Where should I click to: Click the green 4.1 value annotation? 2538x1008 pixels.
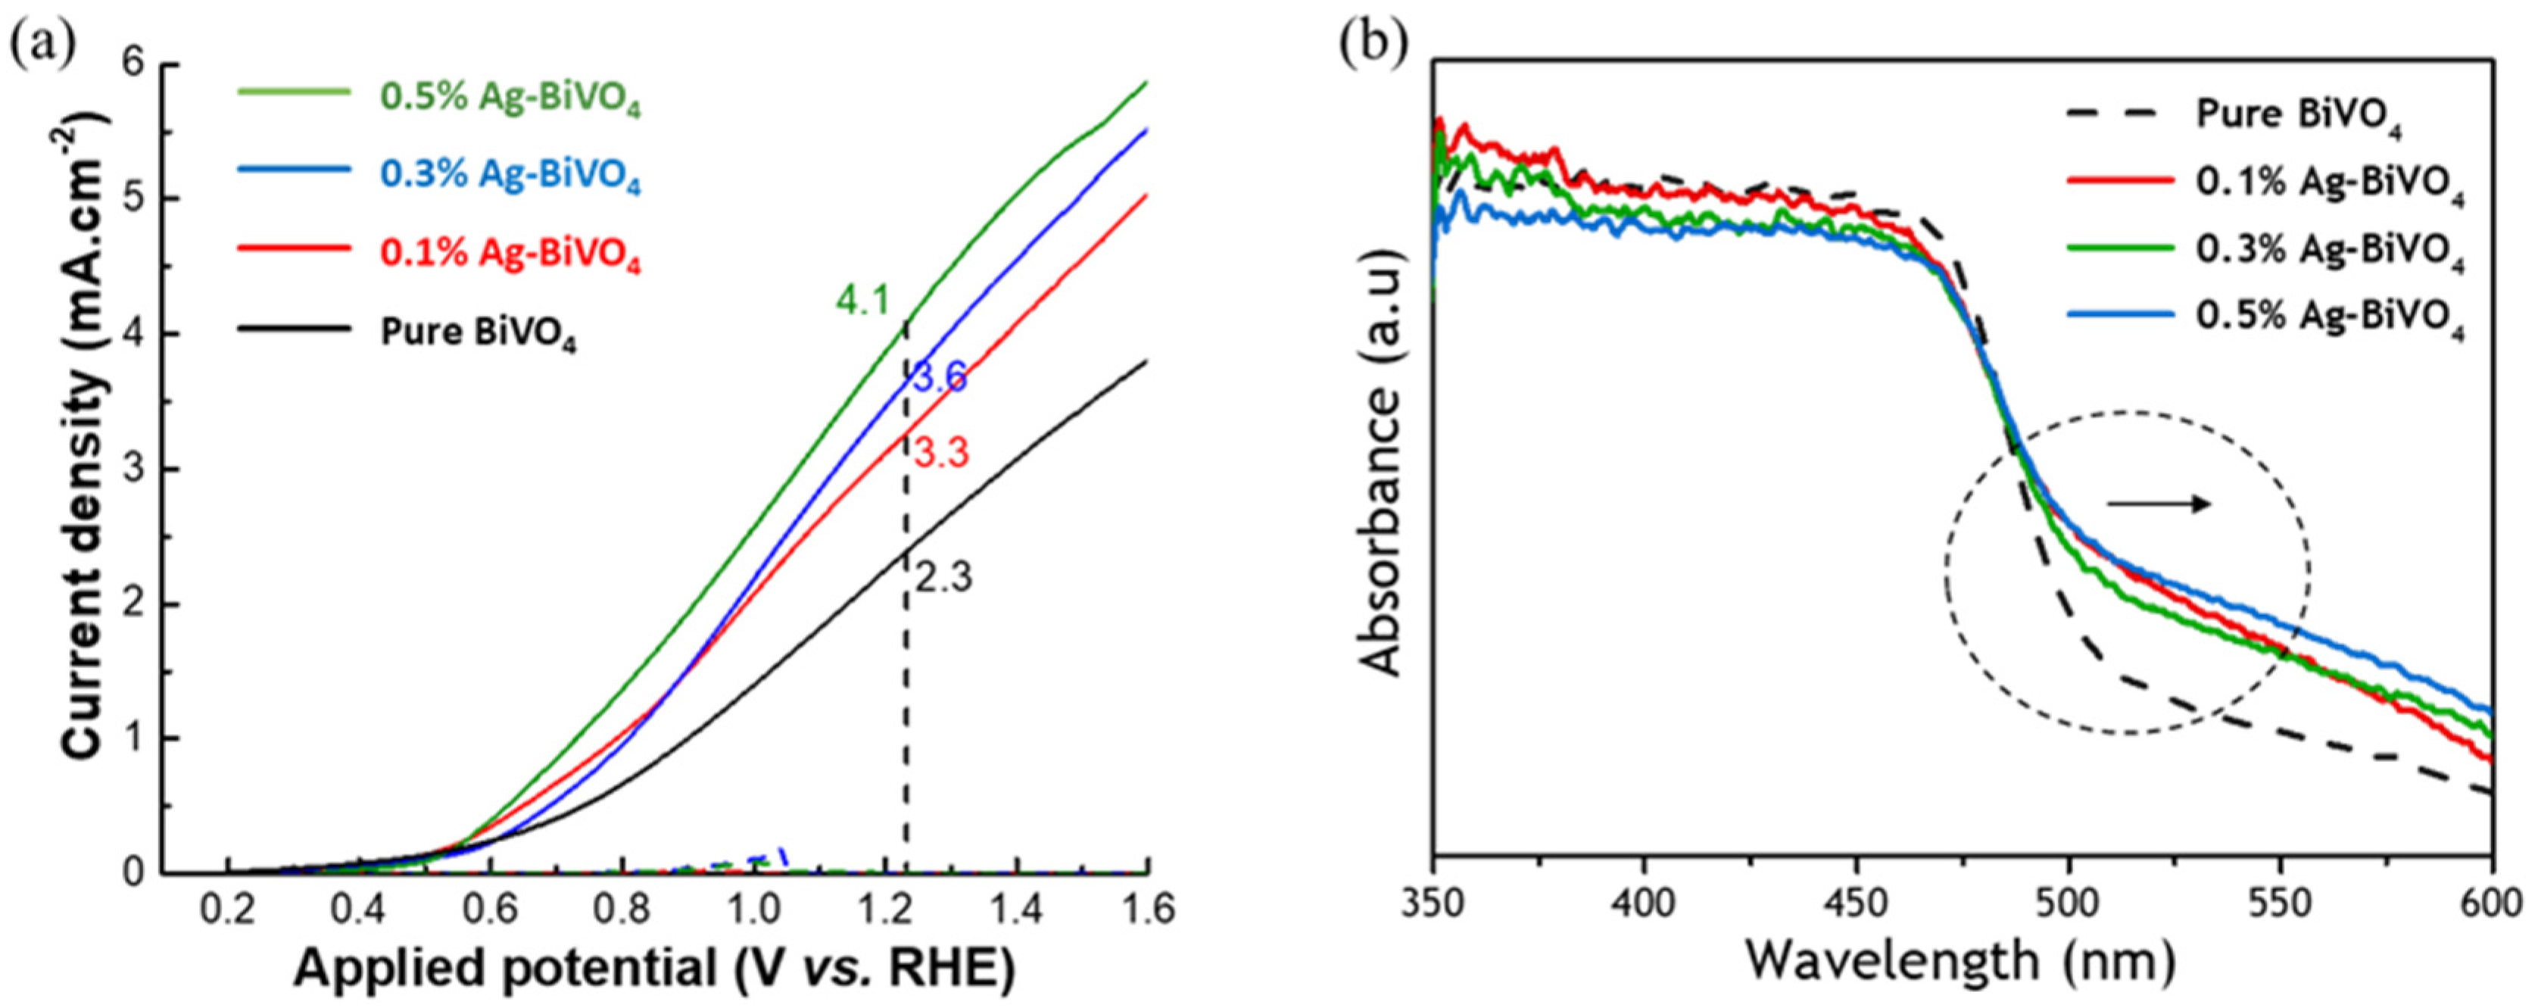[863, 300]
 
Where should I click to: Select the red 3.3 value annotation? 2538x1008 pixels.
[941, 453]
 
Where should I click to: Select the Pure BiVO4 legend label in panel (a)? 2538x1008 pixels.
[479, 334]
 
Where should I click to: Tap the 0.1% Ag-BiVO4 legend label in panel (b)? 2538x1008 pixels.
[2330, 184]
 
